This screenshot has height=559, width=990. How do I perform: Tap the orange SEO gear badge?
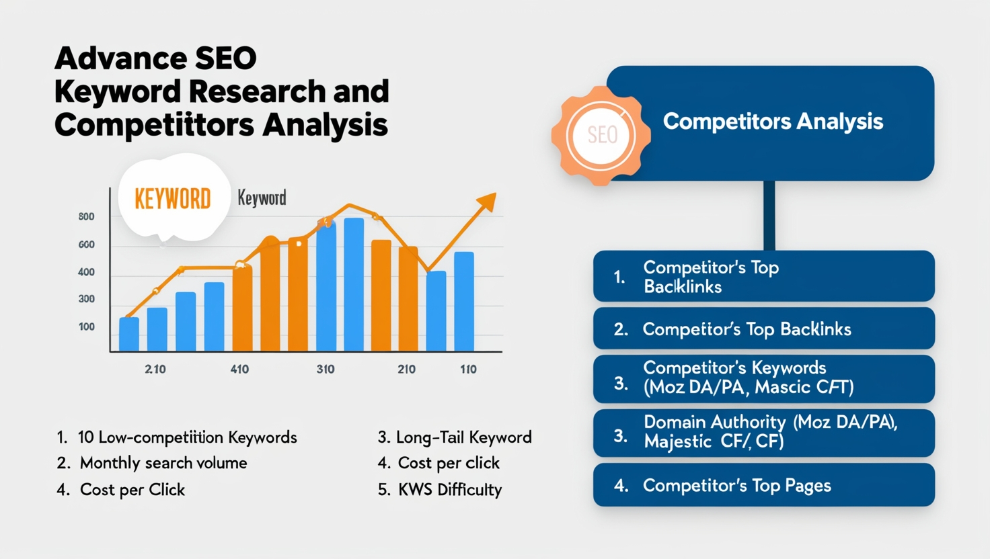(601, 135)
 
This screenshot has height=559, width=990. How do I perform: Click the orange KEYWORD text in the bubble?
(172, 199)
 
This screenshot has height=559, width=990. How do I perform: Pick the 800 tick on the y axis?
(86, 217)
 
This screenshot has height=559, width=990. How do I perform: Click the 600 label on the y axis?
(86, 245)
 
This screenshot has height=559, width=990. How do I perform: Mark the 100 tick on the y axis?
(87, 327)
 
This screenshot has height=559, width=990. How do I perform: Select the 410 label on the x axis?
(239, 369)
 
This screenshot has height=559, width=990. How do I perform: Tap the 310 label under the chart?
(326, 369)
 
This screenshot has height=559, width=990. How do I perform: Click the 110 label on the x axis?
(468, 369)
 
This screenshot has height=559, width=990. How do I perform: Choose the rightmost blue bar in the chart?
(464, 302)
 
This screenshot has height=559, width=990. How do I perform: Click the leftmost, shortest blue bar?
(129, 334)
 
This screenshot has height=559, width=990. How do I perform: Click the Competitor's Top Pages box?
(764, 485)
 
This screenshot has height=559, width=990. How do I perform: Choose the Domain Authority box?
(764, 433)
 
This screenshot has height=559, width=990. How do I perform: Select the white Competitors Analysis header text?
(773, 122)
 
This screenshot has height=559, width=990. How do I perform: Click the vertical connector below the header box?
(769, 216)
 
